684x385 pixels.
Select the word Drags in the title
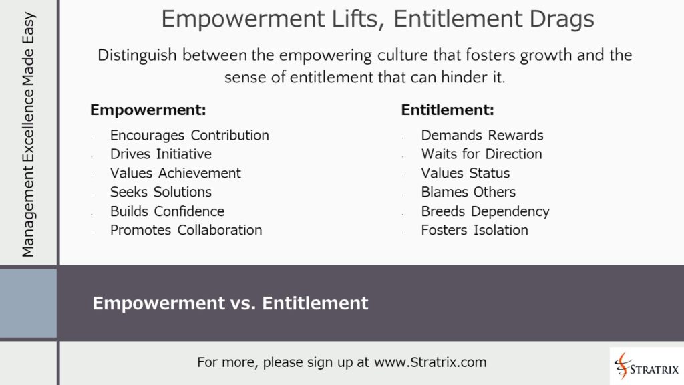(560, 19)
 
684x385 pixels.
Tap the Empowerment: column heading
(148, 110)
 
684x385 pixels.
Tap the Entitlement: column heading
(448, 110)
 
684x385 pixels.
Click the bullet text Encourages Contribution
(190, 136)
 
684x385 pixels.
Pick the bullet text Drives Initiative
(160, 154)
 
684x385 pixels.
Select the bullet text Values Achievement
(176, 173)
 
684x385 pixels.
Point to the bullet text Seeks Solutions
(161, 192)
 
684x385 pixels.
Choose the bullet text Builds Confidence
(167, 211)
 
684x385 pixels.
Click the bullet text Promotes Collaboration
(186, 230)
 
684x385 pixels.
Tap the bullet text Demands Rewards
(482, 136)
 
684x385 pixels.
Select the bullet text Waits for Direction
(482, 154)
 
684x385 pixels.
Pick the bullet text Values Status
(466, 173)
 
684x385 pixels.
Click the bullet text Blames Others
(468, 192)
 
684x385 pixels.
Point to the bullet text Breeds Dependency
(485, 211)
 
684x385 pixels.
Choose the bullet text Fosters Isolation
(474, 230)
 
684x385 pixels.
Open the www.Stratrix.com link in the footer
(430, 362)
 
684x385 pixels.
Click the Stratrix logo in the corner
(646, 366)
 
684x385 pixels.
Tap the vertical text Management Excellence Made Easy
(28, 134)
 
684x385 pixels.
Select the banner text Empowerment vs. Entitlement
(230, 303)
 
